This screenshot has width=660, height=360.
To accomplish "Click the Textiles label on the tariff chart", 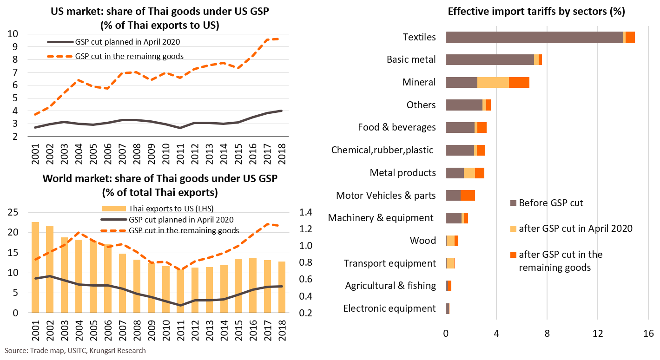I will [419, 37].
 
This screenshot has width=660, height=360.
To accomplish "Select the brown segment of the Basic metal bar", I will [489, 59].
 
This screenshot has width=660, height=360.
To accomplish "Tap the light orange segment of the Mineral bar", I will [493, 82].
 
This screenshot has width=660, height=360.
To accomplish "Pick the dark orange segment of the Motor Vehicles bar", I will [468, 195].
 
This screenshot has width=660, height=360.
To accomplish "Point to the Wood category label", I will [422, 240].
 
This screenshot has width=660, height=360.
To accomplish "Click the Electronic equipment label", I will [389, 308].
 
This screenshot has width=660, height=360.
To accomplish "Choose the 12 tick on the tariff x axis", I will [598, 333].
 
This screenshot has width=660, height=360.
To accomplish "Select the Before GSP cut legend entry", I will [550, 203].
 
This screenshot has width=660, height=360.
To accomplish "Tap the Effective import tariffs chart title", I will [536, 12].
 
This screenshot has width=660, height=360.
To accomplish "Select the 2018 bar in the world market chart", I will [281, 287].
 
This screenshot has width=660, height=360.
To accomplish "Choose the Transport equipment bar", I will [450, 263].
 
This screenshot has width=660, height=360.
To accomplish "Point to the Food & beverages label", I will [396, 127].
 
